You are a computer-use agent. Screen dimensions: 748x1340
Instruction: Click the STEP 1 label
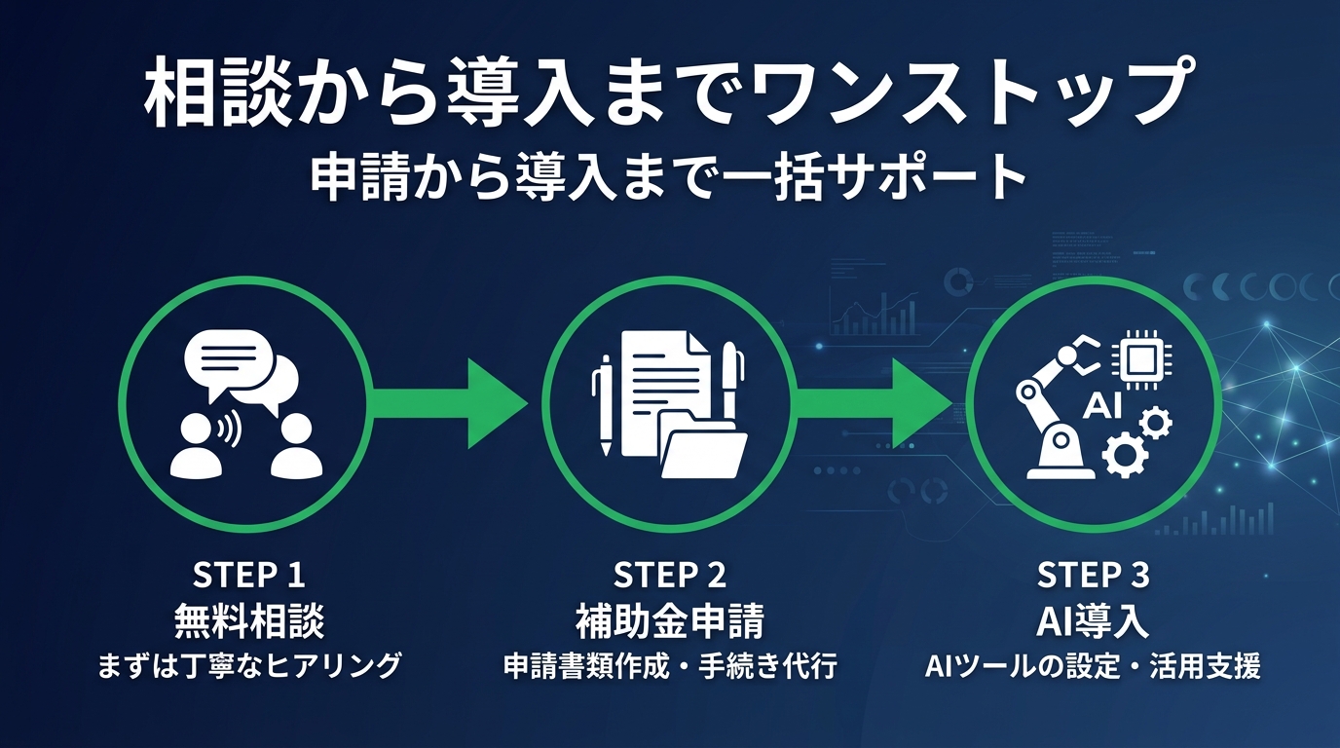click(248, 576)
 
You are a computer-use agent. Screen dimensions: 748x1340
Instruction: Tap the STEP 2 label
click(670, 576)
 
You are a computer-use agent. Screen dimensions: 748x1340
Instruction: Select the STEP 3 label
click(1093, 576)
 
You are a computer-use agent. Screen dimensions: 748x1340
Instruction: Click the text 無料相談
click(248, 620)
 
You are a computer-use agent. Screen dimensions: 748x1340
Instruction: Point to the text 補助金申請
click(670, 620)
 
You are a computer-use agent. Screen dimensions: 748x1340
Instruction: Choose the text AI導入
click(1093, 620)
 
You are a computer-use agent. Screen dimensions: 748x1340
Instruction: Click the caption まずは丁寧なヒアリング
click(248, 666)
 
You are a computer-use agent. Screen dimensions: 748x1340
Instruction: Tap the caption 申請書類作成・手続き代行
click(670, 666)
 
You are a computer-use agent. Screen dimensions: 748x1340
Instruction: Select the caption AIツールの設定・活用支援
click(1093, 666)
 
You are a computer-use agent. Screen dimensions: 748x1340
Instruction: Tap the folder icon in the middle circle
click(703, 448)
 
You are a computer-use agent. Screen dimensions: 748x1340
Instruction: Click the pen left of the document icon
click(605, 404)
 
